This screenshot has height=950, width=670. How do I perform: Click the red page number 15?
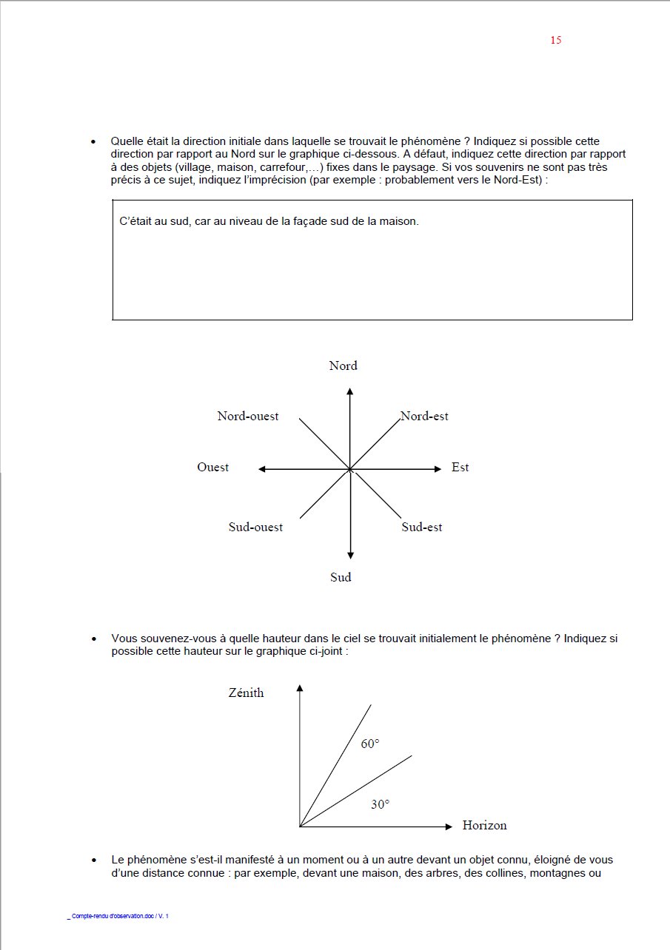tap(555, 40)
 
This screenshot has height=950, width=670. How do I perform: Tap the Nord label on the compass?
tap(343, 365)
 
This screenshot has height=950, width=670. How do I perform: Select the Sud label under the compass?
tap(341, 577)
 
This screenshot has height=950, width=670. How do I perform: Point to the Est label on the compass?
tap(460, 468)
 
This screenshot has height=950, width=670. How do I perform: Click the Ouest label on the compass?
tap(212, 468)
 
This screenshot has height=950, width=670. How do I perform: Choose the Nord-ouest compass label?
tap(248, 417)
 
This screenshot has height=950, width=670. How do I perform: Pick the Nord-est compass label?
tap(424, 417)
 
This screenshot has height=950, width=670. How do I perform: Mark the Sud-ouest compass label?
tap(255, 528)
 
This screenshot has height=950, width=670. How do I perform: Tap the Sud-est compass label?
tap(422, 528)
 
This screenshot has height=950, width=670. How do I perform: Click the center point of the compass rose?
tap(350, 469)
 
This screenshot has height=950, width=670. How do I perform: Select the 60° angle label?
tap(370, 744)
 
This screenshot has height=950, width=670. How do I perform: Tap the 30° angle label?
tap(380, 804)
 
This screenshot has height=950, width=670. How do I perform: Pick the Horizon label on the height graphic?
tap(484, 826)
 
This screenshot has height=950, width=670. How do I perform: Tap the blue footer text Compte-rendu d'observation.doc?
tap(118, 917)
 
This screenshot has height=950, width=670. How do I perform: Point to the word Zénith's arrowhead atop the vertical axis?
tap(300, 689)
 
